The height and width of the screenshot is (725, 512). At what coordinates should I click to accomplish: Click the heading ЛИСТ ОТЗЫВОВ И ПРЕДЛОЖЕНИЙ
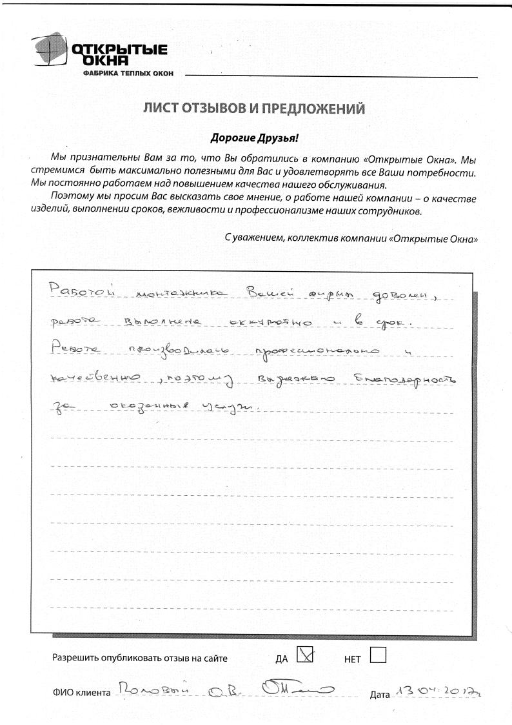pyautogui.click(x=254, y=108)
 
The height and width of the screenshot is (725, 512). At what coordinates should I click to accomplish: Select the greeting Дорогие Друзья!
pyautogui.click(x=255, y=138)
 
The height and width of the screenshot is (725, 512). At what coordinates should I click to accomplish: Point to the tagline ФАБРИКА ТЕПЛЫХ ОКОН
pyautogui.click(x=128, y=74)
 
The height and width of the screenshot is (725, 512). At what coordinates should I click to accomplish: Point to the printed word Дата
pyautogui.click(x=380, y=695)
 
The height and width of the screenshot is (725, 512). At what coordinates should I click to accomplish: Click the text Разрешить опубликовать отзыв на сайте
pyautogui.click(x=140, y=659)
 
